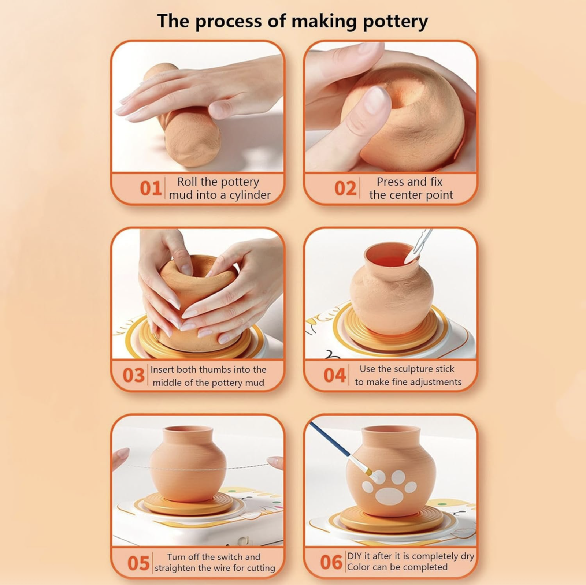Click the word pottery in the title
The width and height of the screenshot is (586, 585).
[395, 22]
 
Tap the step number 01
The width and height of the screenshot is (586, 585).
[151, 189]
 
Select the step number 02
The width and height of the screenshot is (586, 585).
[345, 189]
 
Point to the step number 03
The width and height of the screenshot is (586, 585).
[133, 376]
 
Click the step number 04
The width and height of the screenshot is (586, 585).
[334, 376]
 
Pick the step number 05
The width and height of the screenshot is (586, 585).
[138, 563]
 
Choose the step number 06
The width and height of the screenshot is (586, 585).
[331, 562]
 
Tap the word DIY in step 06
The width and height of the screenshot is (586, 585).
[355, 556]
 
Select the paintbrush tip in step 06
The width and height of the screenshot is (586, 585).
[374, 475]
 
